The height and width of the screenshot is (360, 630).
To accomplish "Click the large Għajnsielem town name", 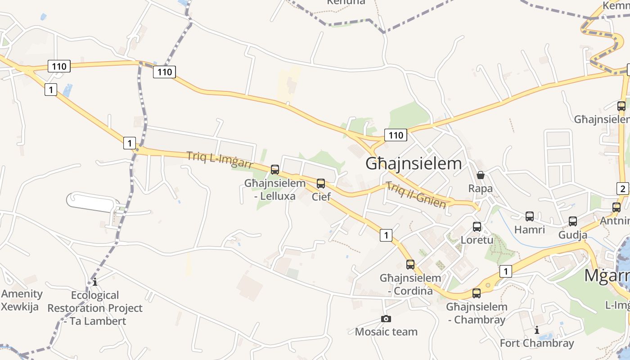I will (414, 163).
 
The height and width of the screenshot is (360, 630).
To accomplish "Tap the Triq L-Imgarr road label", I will (220, 160).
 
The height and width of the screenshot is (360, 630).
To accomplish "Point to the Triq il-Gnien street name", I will (416, 195).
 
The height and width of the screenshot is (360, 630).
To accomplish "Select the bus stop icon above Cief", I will (321, 184).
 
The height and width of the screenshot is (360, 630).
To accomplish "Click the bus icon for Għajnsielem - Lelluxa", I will (275, 170).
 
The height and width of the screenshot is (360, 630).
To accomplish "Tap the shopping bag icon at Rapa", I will (481, 175).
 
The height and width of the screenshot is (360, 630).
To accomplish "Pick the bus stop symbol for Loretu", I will (477, 227).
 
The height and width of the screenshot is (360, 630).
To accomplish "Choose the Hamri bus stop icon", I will (530, 216).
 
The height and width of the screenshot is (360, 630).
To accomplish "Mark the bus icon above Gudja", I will (573, 221).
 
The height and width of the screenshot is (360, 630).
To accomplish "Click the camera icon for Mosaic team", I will (386, 319).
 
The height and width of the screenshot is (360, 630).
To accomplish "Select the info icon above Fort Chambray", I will (537, 330).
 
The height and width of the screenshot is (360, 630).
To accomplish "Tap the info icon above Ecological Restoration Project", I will (95, 282).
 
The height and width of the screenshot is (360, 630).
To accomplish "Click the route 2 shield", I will (623, 189).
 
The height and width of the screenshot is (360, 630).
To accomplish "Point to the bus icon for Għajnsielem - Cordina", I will (410, 265).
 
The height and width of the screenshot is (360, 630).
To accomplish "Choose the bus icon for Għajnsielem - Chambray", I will (477, 293).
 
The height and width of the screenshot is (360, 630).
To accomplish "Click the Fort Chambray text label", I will (537, 343).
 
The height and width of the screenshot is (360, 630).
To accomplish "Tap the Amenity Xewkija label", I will (22, 300).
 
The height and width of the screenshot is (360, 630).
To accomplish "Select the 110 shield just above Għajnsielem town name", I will (396, 135).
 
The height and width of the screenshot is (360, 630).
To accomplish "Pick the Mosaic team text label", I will (386, 332).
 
